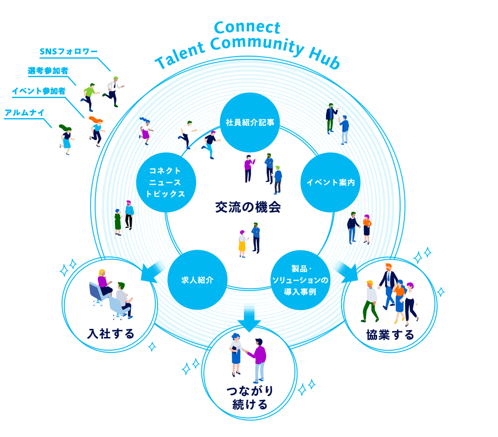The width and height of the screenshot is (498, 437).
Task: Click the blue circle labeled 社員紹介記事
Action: (x=250, y=122)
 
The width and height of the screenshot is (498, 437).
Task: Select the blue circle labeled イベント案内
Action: (x=330, y=182)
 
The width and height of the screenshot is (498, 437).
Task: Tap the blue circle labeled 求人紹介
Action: (x=197, y=280)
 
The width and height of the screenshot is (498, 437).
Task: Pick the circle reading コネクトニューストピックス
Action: (x=166, y=182)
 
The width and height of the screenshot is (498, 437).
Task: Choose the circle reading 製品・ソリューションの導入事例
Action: (x=300, y=280)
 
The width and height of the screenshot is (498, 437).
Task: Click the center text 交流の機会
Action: (x=248, y=207)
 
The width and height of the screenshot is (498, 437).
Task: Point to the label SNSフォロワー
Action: (x=68, y=52)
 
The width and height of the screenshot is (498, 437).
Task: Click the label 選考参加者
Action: (x=48, y=71)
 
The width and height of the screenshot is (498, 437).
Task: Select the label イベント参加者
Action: (x=38, y=91)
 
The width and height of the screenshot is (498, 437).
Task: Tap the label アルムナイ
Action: (x=24, y=112)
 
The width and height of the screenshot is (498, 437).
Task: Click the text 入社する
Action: (x=111, y=334)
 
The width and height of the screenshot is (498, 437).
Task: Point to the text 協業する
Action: (x=390, y=335)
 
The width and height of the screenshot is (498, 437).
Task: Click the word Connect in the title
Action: (x=247, y=28)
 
